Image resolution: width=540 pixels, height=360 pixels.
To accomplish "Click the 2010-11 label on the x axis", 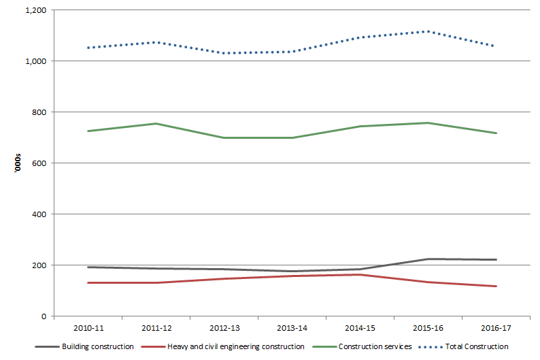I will pyautogui.click(x=88, y=328).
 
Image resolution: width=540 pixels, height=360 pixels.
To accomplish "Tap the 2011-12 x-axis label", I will pyautogui.click(x=156, y=328).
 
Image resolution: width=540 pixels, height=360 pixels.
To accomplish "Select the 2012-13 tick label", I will pyautogui.click(x=224, y=328).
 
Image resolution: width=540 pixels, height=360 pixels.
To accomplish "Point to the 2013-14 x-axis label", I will pyautogui.click(x=292, y=328).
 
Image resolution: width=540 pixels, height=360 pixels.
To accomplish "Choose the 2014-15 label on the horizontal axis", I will pyautogui.click(x=360, y=328).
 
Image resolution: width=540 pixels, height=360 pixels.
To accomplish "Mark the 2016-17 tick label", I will pyautogui.click(x=496, y=328).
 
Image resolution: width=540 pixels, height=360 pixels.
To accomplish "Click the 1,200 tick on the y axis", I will pyautogui.click(x=34, y=11).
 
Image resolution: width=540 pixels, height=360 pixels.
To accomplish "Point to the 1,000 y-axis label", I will pyautogui.click(x=34, y=61).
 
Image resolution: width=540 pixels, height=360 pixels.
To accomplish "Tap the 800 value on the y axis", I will pyautogui.click(x=39, y=112).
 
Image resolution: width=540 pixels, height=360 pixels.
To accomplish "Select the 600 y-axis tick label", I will pyautogui.click(x=39, y=163).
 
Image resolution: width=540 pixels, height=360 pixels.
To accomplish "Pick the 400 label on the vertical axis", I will pyautogui.click(x=39, y=214).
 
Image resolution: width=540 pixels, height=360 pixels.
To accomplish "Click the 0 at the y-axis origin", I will pyautogui.click(x=44, y=316).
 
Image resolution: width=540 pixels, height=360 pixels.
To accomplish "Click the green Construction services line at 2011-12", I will pyautogui.click(x=156, y=123).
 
